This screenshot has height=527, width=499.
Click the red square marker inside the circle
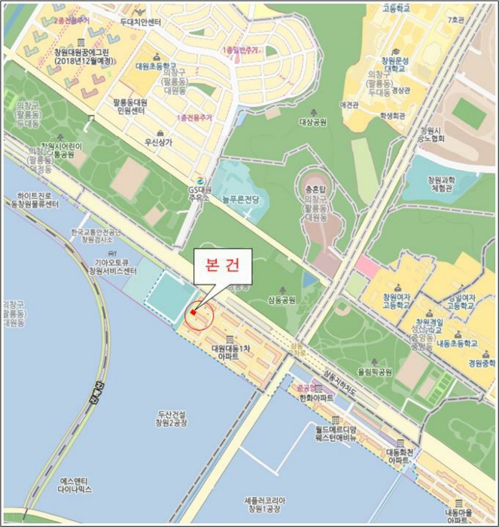(x=193, y=312)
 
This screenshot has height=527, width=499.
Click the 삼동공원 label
(x=281, y=299)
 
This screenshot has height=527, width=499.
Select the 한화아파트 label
(x=315, y=397)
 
